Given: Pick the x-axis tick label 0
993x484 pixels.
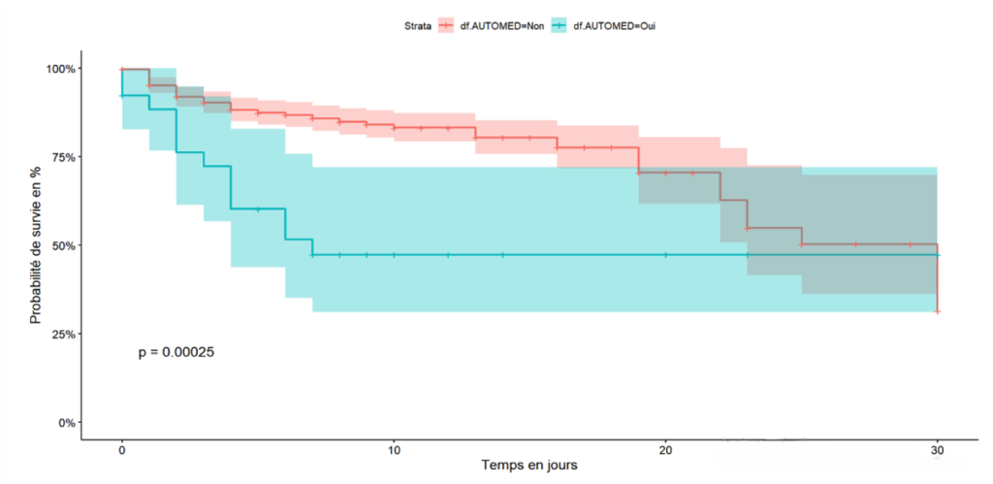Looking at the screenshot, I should (121, 450).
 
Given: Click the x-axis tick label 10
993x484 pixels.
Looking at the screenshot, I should (394, 450).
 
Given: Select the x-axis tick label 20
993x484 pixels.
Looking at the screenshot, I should (666, 450).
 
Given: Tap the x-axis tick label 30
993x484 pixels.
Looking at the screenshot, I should (938, 450).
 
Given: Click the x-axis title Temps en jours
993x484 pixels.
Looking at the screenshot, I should (529, 466).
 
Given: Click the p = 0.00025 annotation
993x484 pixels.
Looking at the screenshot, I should (176, 353).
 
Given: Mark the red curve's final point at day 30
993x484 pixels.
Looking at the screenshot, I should (938, 311).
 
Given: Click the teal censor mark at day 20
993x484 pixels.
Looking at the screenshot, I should (666, 255).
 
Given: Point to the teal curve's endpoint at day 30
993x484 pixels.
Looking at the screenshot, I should (938, 255).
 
